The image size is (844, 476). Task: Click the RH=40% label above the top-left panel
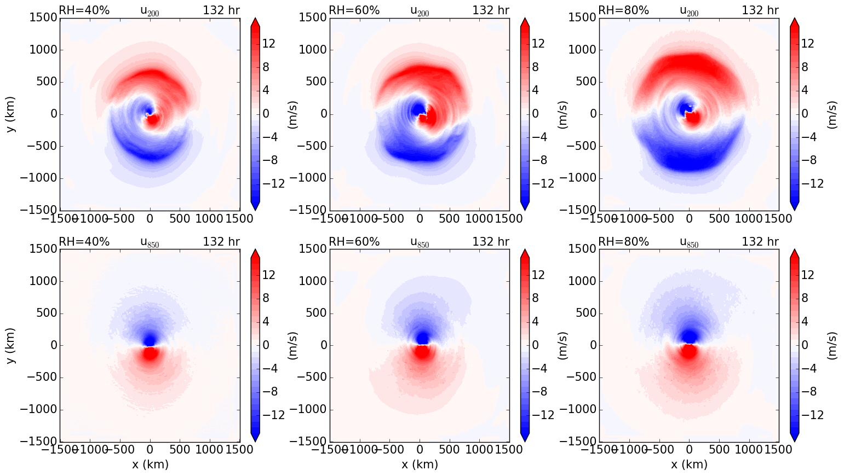[x=84, y=10]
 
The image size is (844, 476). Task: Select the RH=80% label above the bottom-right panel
[x=623, y=242]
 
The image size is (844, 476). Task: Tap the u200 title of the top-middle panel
[x=420, y=11]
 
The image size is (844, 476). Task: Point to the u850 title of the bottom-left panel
[x=150, y=242]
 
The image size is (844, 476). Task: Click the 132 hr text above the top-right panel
[x=760, y=10]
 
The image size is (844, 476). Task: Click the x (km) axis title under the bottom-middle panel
[x=420, y=465]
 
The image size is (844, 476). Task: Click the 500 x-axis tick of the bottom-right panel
[x=720, y=450]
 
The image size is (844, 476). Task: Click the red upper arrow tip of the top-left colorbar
[x=255, y=21]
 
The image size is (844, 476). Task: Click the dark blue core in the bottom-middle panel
[x=422, y=336]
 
